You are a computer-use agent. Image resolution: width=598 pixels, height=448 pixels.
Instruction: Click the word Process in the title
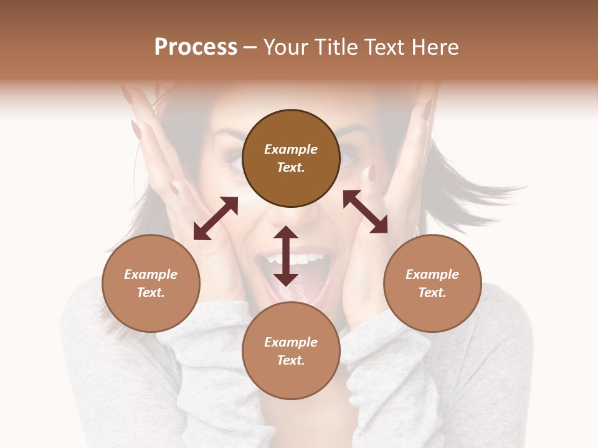tap(196, 47)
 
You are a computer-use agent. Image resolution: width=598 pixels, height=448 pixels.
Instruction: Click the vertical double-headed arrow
tap(286, 256)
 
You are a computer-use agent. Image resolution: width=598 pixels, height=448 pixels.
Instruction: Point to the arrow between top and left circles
tap(216, 218)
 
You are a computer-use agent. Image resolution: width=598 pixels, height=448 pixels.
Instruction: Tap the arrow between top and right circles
tap(365, 212)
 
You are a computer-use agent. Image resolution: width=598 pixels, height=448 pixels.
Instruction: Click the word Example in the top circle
tap(291, 149)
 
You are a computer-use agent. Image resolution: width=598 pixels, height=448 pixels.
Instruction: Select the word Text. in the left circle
tap(151, 292)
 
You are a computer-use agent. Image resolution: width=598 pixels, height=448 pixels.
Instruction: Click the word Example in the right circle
tap(432, 274)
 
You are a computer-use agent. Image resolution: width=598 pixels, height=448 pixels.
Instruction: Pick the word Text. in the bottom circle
tap(291, 360)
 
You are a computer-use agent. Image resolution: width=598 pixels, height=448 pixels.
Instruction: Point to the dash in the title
tap(250, 47)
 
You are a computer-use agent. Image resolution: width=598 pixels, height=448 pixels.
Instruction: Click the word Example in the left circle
tap(151, 274)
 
